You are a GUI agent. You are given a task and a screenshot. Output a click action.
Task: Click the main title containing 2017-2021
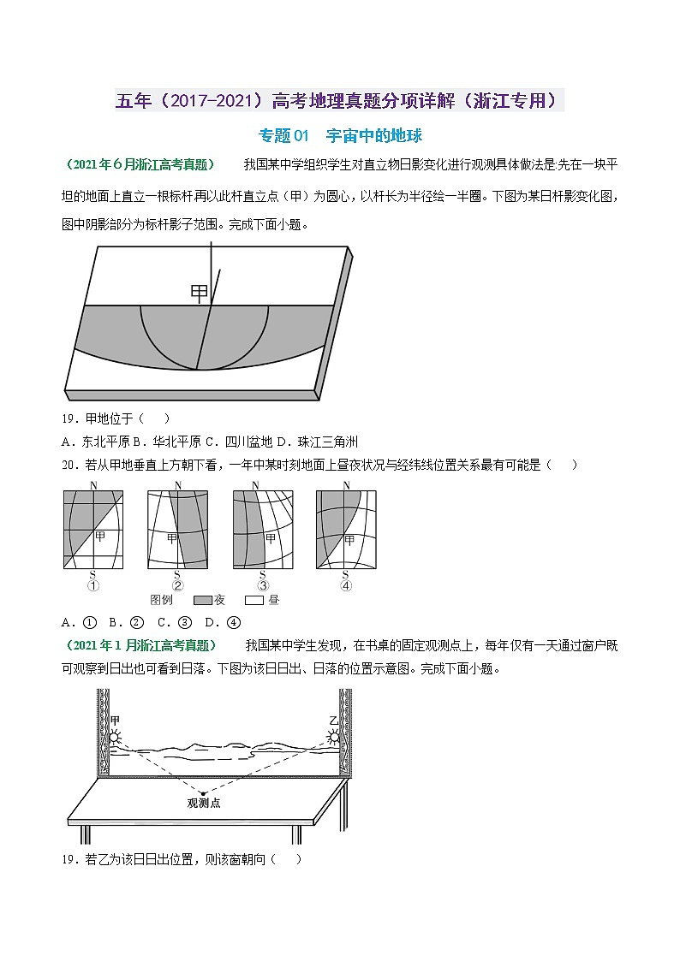[x=340, y=101]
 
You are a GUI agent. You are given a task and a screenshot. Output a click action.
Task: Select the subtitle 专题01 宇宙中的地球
[x=340, y=135]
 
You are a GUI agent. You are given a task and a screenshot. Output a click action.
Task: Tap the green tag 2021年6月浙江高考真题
[x=140, y=164]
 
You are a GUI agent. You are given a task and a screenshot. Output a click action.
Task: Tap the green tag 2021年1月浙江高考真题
[x=140, y=644]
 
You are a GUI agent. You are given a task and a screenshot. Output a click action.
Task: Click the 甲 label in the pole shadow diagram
[x=199, y=293]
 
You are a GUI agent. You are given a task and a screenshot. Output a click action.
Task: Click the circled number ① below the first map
[x=93, y=586]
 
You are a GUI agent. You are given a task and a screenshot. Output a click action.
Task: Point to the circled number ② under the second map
[x=177, y=586]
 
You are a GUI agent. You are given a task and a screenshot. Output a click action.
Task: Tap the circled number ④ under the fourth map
[x=346, y=586]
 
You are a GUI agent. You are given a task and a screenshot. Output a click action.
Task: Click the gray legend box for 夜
[x=202, y=600]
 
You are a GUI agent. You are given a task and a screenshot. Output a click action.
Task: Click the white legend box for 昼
[x=255, y=600]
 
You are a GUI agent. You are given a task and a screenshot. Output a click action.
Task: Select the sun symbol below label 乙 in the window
[x=335, y=736]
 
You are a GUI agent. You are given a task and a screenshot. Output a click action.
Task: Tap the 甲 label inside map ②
[x=171, y=537]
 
